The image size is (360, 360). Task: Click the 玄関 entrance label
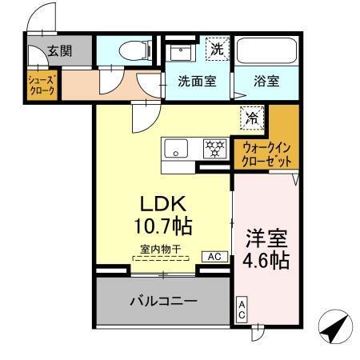coord(59,51)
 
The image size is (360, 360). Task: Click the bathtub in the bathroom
coord(265,51)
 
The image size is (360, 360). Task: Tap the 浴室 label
coord(267,81)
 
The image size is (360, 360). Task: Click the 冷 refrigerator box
coord(251,117)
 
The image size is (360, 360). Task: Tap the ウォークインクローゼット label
coord(267,154)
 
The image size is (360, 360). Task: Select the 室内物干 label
coord(160,248)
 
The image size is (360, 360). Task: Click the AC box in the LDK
coord(214,258)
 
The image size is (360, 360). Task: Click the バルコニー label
coord(163,301)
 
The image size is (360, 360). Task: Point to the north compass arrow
coord(338,326)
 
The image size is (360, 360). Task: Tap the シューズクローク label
coord(42,86)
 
